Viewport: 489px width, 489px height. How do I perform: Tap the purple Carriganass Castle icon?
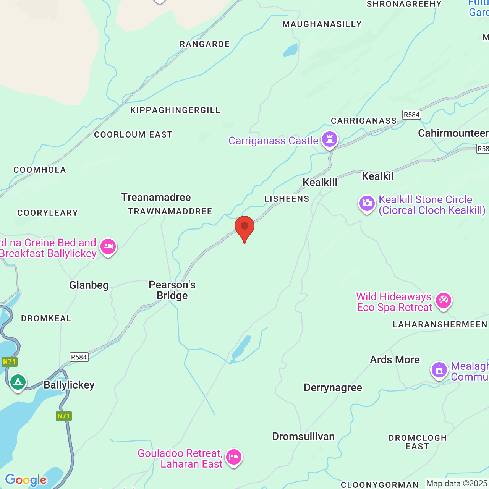tap(329, 140)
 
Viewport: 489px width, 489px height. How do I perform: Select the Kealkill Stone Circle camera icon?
tap(367, 204)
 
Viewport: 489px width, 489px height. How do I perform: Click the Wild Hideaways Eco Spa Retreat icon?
tap(443, 300)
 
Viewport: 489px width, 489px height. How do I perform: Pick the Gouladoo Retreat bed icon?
tap(233, 457)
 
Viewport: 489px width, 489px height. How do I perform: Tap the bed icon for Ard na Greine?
tap(108, 247)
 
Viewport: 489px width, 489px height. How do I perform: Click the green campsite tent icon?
tap(18, 382)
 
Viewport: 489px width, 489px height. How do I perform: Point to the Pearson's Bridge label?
tap(172, 290)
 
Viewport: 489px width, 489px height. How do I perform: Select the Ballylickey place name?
tap(69, 385)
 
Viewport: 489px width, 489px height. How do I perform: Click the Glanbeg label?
tap(89, 285)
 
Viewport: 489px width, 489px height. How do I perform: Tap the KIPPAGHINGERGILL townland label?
tap(175, 110)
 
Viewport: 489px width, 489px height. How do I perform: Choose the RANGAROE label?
tap(205, 44)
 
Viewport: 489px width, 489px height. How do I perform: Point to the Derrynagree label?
tap(333, 388)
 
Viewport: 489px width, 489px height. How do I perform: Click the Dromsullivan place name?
tap(303, 436)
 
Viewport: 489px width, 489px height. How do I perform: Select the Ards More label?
tap(395, 359)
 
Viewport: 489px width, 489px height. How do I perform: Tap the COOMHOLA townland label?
tap(40, 170)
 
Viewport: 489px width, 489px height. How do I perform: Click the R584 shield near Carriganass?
tap(411, 115)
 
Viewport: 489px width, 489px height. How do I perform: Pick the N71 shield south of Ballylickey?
tap(64, 416)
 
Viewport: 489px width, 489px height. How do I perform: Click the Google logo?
tap(26, 480)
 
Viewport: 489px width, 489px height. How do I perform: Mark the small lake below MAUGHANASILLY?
tap(290, 50)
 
